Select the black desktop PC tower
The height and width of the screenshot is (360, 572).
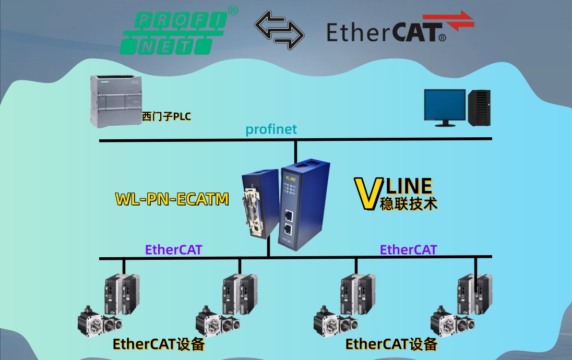tap(479, 107)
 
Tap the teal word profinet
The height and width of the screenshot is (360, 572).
tap(271, 129)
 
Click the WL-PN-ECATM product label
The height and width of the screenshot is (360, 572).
tap(172, 199)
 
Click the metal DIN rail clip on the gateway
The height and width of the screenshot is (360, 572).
tap(255, 209)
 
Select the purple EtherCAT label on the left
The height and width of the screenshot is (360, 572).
tap(173, 249)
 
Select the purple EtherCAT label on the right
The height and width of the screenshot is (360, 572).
tap(408, 249)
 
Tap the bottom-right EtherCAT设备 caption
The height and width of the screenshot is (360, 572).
tap(391, 345)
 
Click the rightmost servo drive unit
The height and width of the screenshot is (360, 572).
tap(482, 295)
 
